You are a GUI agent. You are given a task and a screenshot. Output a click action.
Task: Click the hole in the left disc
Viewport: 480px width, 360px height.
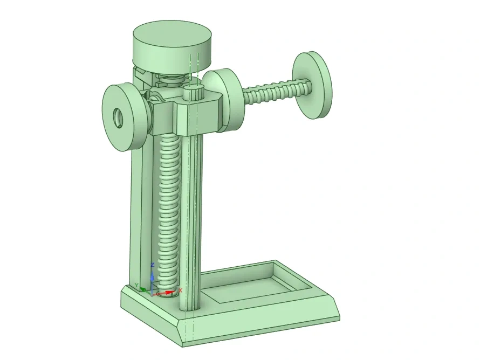point(118,118)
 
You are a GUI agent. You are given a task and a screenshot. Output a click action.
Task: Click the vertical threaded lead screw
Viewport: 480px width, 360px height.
point(168,214)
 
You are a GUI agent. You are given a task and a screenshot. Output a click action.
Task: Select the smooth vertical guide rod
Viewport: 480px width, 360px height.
point(190,223)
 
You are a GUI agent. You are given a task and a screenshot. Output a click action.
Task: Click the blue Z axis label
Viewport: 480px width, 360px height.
point(153,265)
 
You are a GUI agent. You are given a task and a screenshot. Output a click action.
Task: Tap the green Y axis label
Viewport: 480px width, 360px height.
point(137,286)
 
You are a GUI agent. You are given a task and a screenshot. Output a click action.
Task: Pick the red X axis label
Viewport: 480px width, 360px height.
point(180,290)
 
